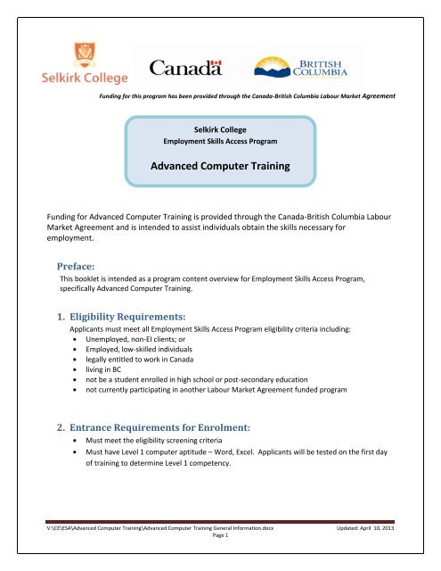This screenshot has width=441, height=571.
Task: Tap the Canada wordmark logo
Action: (184, 68)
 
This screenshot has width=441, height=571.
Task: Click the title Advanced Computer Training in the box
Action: (219, 167)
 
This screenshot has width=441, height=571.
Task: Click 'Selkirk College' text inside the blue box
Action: (219, 129)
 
